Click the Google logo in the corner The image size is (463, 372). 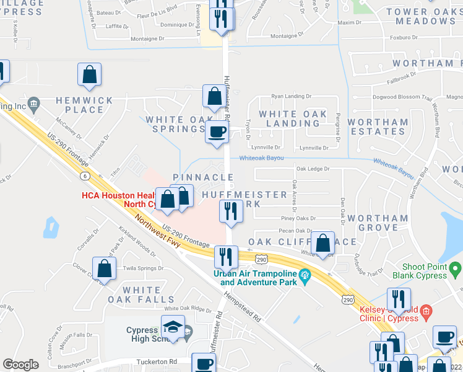(20, 365)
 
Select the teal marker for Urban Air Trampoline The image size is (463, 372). (304, 275)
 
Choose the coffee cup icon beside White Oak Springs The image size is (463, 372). (217, 132)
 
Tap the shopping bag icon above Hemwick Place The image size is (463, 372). (90, 74)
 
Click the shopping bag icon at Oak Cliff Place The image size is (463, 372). (322, 243)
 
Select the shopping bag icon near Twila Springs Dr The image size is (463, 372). (105, 268)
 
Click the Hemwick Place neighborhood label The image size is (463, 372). (80, 105)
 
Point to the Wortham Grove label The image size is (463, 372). (378, 223)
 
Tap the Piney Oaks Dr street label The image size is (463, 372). (298, 218)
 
